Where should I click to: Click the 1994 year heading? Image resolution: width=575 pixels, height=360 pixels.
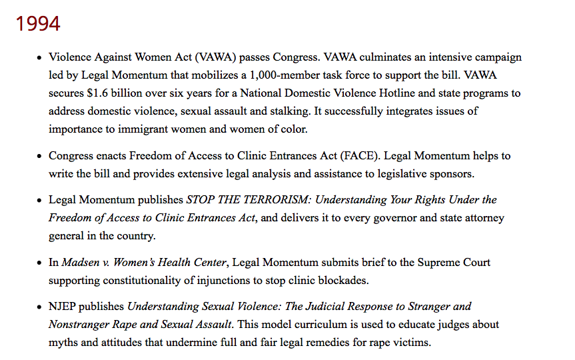(x=38, y=23)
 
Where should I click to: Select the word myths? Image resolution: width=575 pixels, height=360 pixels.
(x=63, y=343)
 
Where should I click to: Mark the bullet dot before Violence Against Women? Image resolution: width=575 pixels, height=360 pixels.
(x=39, y=58)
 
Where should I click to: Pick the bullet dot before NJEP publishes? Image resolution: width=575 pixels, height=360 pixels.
(x=39, y=307)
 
